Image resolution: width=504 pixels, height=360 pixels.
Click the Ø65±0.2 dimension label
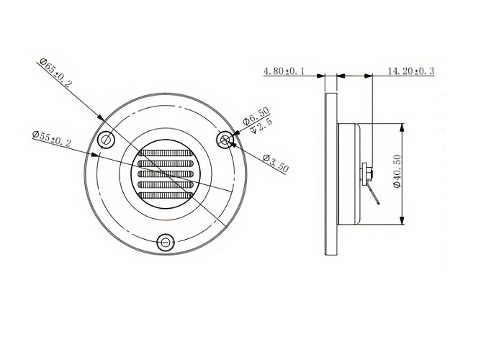[x=55, y=73]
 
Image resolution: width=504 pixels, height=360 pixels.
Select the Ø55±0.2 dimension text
[x=51, y=138]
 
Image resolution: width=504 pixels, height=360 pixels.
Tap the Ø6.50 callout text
[x=256, y=116]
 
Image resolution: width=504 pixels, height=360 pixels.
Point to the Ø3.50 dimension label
[x=276, y=163]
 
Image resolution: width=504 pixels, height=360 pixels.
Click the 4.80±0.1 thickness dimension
[x=284, y=71]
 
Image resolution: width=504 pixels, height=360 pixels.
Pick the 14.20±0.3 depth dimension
[x=411, y=71]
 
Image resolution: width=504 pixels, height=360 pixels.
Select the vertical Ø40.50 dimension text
[x=397, y=171]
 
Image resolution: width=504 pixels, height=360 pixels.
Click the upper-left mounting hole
[x=106, y=140]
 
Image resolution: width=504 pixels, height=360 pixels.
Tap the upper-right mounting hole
[x=225, y=140]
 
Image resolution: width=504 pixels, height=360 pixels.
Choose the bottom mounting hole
[x=166, y=243]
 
